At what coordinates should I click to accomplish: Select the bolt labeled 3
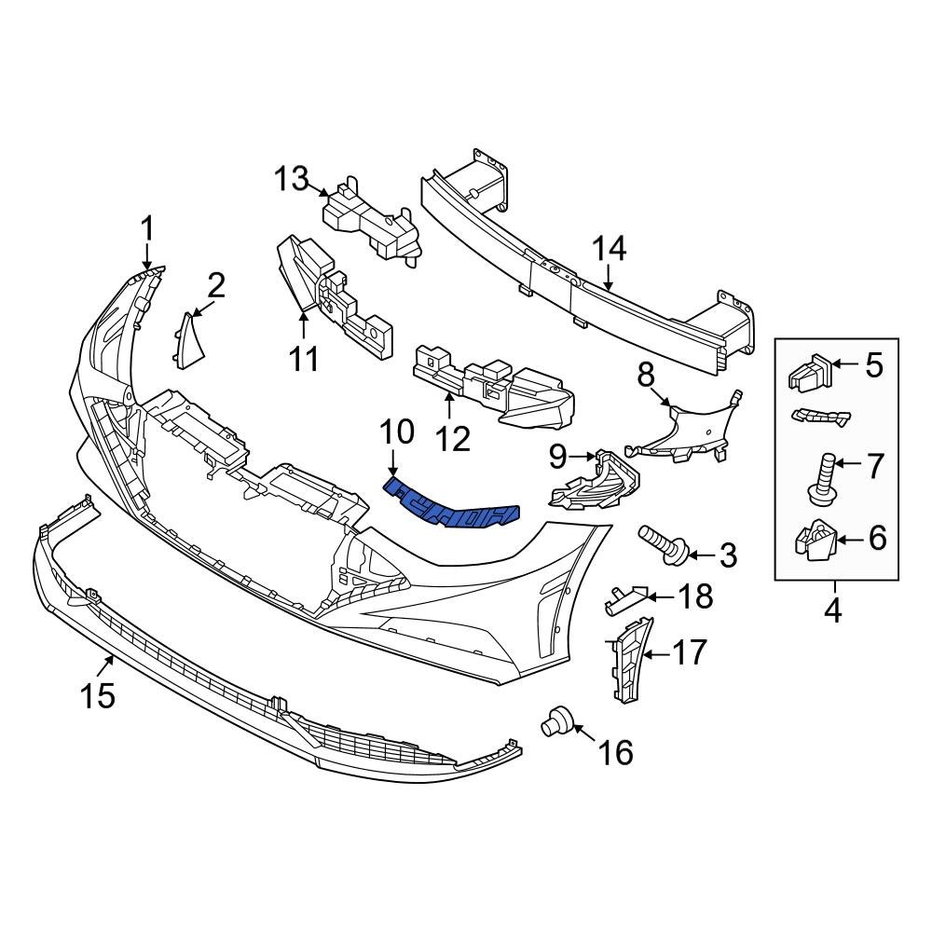(663, 544)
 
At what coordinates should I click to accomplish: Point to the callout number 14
(610, 249)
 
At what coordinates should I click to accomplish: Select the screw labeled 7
(821, 475)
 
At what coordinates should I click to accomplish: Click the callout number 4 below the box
(831, 611)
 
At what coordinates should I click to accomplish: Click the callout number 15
(98, 694)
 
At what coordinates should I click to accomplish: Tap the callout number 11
(304, 357)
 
